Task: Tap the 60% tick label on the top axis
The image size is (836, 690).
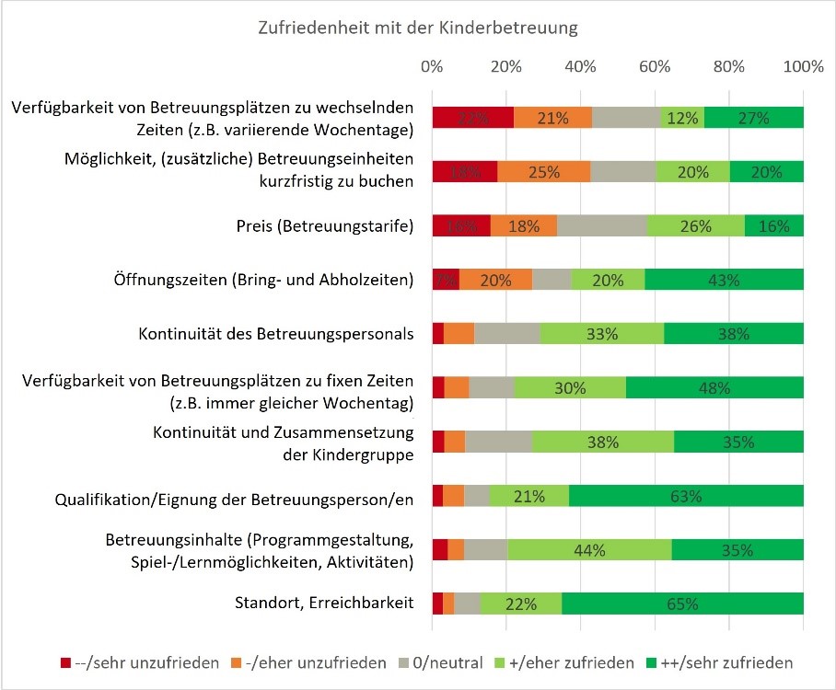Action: coord(654,67)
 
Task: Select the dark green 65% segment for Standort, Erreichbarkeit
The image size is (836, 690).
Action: coord(682,604)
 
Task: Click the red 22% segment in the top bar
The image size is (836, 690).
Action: coord(472,118)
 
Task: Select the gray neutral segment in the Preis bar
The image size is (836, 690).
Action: coord(602,226)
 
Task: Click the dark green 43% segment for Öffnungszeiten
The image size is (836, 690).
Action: coord(724,280)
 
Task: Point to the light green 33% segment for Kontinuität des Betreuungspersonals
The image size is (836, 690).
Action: coord(602,334)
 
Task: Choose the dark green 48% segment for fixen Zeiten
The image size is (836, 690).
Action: coord(714,387)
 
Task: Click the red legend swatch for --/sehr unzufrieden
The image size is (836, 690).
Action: coord(65,662)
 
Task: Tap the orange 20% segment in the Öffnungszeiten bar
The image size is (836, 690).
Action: coord(495,280)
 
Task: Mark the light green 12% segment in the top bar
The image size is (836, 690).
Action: coord(682,118)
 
